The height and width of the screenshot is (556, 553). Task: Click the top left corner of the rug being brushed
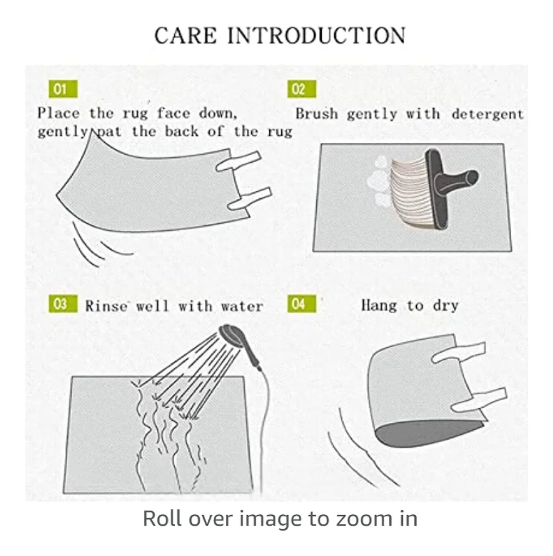click(321, 144)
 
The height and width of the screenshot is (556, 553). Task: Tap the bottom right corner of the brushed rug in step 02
click(511, 251)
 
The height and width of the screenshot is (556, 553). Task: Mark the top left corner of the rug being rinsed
click(72, 377)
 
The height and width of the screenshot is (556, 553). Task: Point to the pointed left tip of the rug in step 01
click(56, 195)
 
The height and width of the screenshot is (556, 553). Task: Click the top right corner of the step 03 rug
click(243, 377)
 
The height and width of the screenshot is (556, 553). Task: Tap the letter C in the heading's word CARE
click(162, 36)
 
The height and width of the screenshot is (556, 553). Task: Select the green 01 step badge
click(63, 89)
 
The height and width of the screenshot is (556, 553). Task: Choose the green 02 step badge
click(302, 89)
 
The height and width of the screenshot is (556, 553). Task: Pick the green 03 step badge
click(63, 304)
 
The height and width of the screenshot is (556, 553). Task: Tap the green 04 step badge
click(302, 304)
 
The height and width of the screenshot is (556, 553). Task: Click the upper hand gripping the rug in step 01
click(239, 162)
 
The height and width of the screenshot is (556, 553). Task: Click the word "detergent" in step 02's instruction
click(488, 114)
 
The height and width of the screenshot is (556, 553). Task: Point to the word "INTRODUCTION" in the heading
click(317, 36)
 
